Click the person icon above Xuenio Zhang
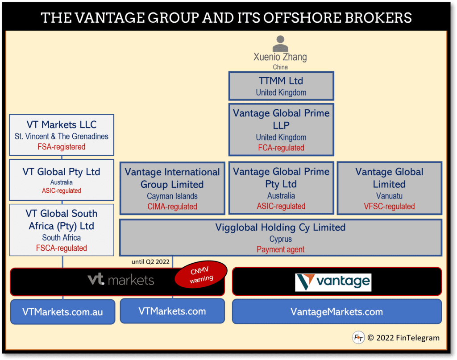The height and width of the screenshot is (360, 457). (280, 43)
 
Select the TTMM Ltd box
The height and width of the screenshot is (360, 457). (281, 86)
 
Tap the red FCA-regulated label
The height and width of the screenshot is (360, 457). (281, 148)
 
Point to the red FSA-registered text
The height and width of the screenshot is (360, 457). (62, 147)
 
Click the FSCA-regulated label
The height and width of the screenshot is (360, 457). (62, 248)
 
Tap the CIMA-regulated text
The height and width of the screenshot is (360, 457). (172, 207)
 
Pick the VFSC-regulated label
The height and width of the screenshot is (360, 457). (389, 206)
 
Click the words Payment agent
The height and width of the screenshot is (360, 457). (281, 249)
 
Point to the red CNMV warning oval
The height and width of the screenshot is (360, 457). (201, 275)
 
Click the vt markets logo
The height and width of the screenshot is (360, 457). (121, 280)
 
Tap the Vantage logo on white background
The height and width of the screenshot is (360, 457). (333, 282)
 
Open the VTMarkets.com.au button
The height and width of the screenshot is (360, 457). (62, 311)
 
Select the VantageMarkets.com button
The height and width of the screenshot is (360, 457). (337, 311)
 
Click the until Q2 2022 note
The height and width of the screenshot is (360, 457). (150, 262)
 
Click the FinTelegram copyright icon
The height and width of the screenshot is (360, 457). (358, 338)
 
